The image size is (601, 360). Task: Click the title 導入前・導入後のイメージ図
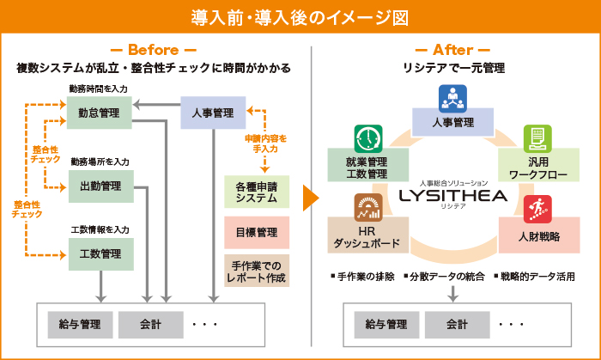pyautogui.click(x=300, y=16)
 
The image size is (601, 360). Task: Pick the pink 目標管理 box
pyautogui.click(x=256, y=232)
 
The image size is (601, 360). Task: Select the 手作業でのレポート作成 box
pyautogui.click(x=256, y=270)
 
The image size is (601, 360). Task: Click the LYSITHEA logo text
pyautogui.click(x=453, y=197)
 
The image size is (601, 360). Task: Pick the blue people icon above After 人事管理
pyautogui.click(x=452, y=98)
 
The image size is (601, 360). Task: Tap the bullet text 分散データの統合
pyautogui.click(x=447, y=277)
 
